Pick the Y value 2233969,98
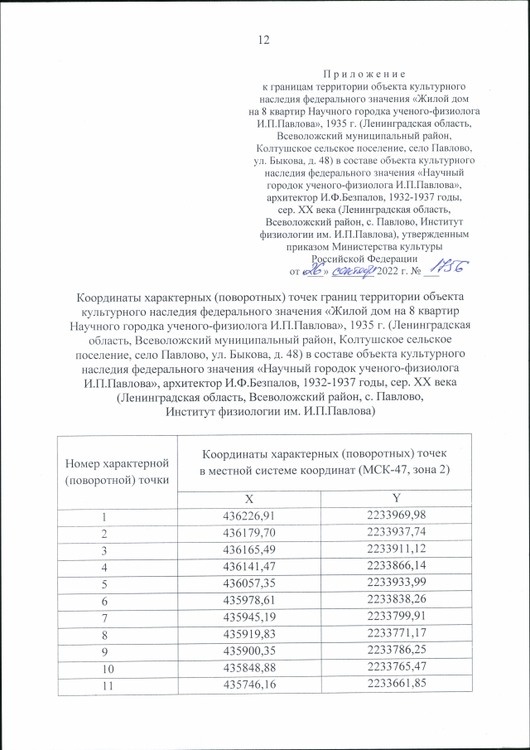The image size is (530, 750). point(397,516)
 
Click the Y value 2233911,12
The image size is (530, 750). point(397,553)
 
